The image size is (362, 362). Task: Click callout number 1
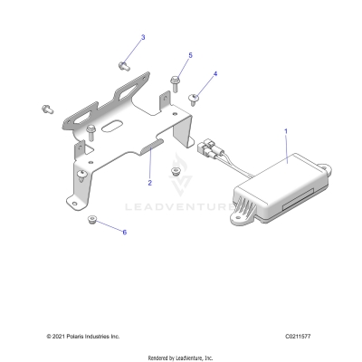[x=287, y=131]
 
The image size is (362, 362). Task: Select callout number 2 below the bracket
[x=150, y=183]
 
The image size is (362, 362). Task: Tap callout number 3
[x=142, y=38]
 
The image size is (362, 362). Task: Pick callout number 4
[x=215, y=73]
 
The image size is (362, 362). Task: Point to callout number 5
[x=190, y=56]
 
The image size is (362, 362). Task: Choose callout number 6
[x=125, y=233]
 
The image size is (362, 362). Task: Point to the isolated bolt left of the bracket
[x=45, y=110]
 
